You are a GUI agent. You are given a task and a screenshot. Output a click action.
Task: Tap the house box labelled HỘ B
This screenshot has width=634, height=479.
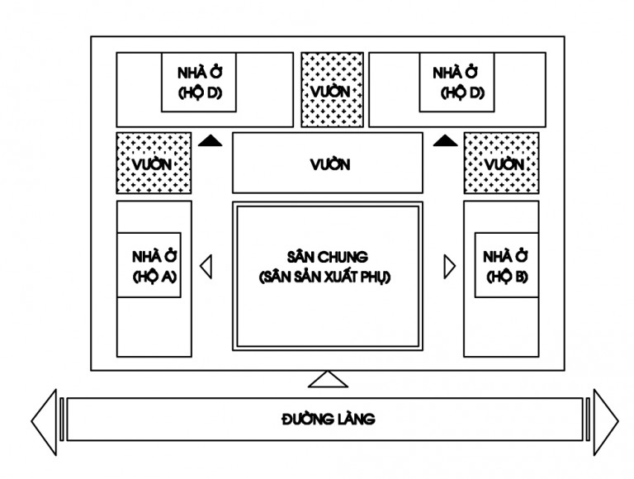click(501, 266)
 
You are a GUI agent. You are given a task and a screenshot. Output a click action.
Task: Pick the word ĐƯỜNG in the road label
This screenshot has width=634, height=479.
click(305, 419)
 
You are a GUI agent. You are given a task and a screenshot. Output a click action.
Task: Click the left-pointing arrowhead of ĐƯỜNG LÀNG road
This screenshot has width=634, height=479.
click(44, 421)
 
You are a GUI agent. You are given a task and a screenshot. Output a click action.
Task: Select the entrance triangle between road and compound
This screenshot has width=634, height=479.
click(328, 379)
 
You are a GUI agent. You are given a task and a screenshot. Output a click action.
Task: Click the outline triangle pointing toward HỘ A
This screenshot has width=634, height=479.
click(206, 266)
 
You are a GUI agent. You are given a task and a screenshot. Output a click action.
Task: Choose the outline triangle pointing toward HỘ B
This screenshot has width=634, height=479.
click(449, 266)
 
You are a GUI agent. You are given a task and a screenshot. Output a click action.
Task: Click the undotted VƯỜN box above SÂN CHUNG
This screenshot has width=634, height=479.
click(327, 164)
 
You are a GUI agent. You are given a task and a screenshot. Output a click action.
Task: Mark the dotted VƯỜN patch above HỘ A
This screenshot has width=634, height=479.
click(154, 164)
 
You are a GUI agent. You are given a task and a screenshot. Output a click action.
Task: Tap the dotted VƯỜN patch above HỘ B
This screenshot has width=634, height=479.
click(501, 164)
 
